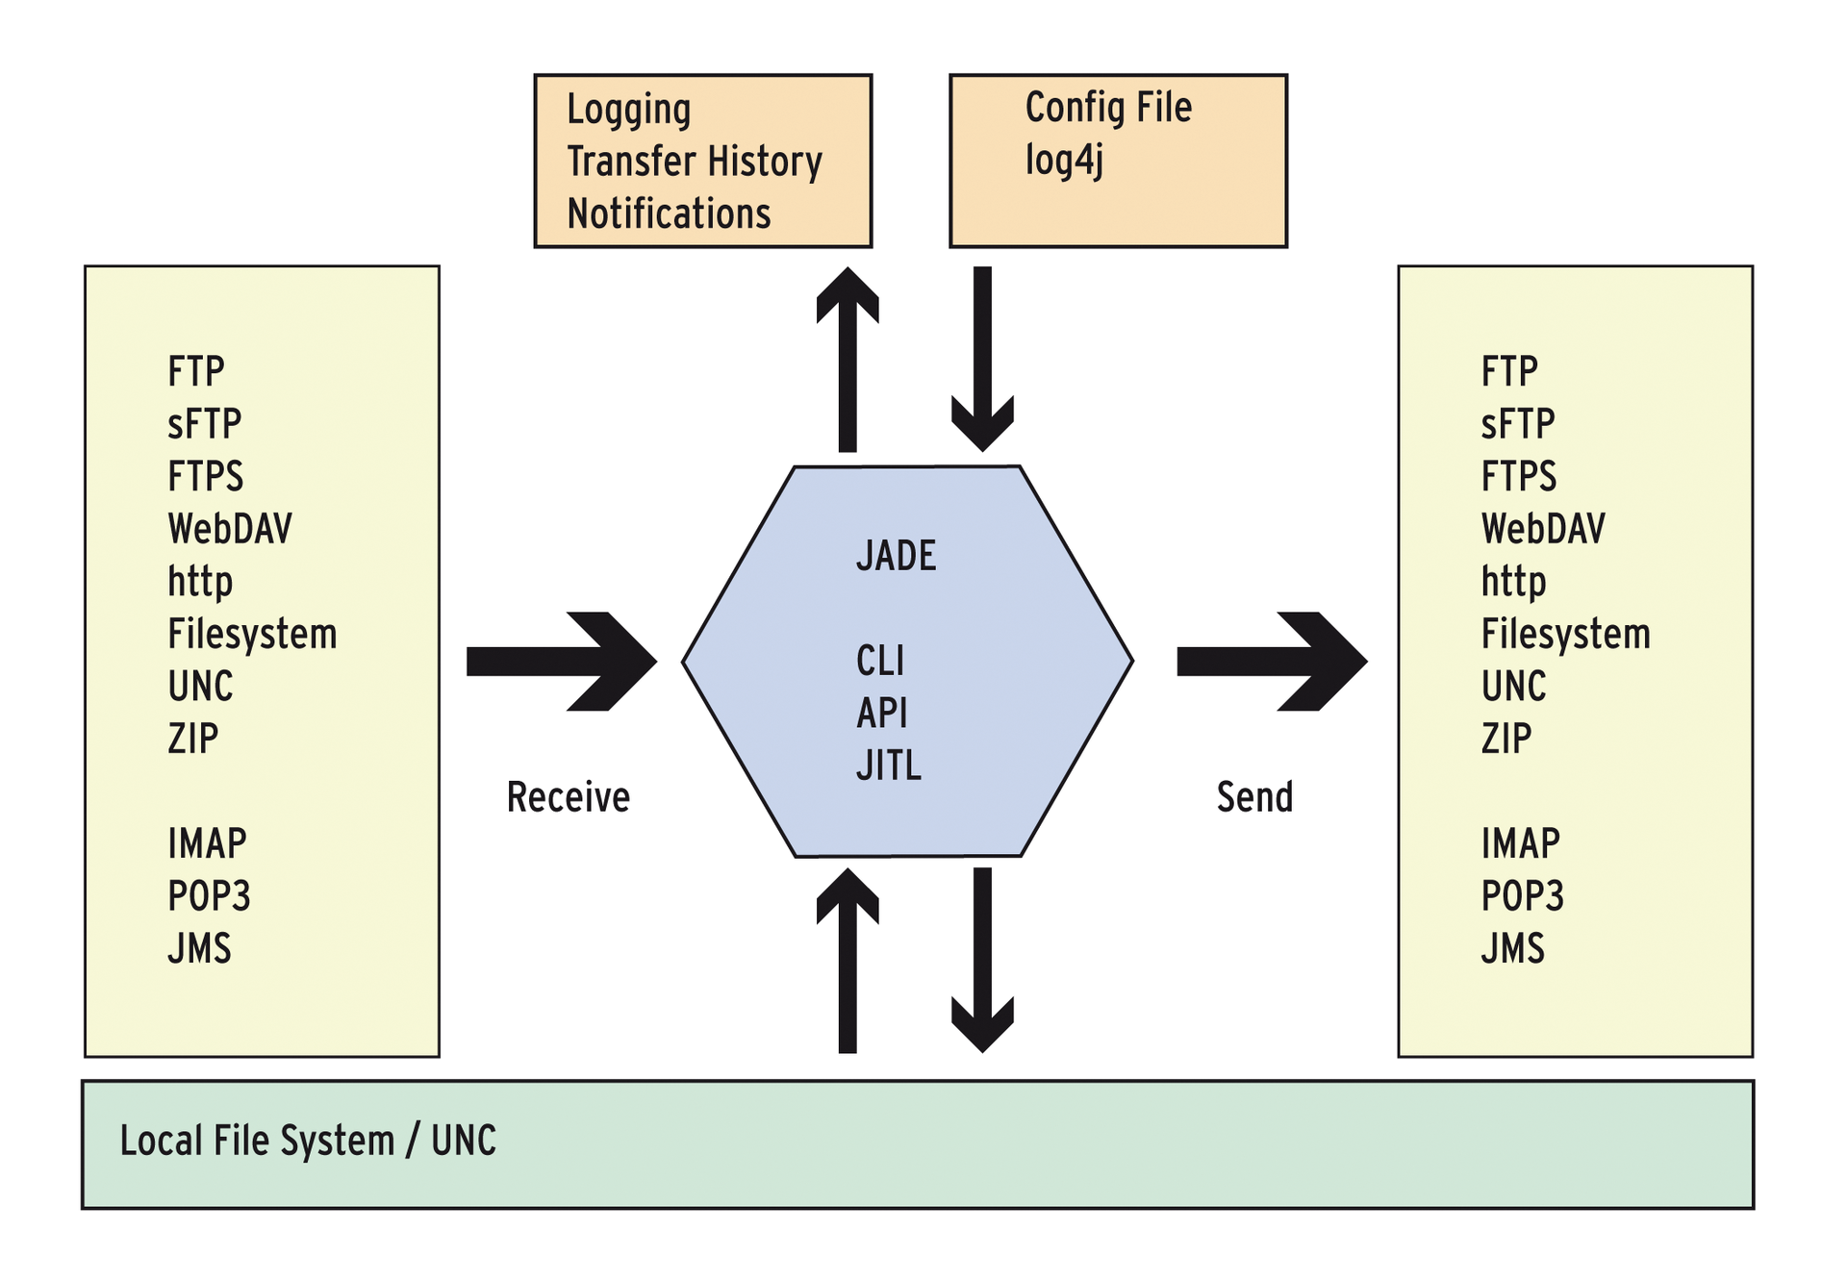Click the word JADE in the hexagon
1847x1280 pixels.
tap(896, 556)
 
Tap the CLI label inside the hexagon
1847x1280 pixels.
tap(880, 661)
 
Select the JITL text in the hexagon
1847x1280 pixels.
tap(889, 765)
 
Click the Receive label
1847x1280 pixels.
tap(568, 797)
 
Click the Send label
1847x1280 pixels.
tap(1254, 797)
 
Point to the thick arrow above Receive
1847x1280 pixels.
tap(562, 662)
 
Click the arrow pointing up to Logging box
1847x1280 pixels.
tap(848, 361)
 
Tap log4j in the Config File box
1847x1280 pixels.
tap(1064, 160)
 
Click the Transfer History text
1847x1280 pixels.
tap(695, 162)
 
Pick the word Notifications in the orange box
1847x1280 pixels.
tap(669, 213)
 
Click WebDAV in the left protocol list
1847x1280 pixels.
tap(230, 529)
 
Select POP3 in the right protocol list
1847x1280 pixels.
tap(1522, 896)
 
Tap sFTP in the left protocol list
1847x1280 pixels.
tap(204, 424)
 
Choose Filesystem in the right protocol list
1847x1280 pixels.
tap(1565, 634)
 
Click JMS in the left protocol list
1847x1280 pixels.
tap(199, 948)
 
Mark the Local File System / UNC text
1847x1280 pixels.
tap(308, 1141)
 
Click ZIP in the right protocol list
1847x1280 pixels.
tap(1505, 739)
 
